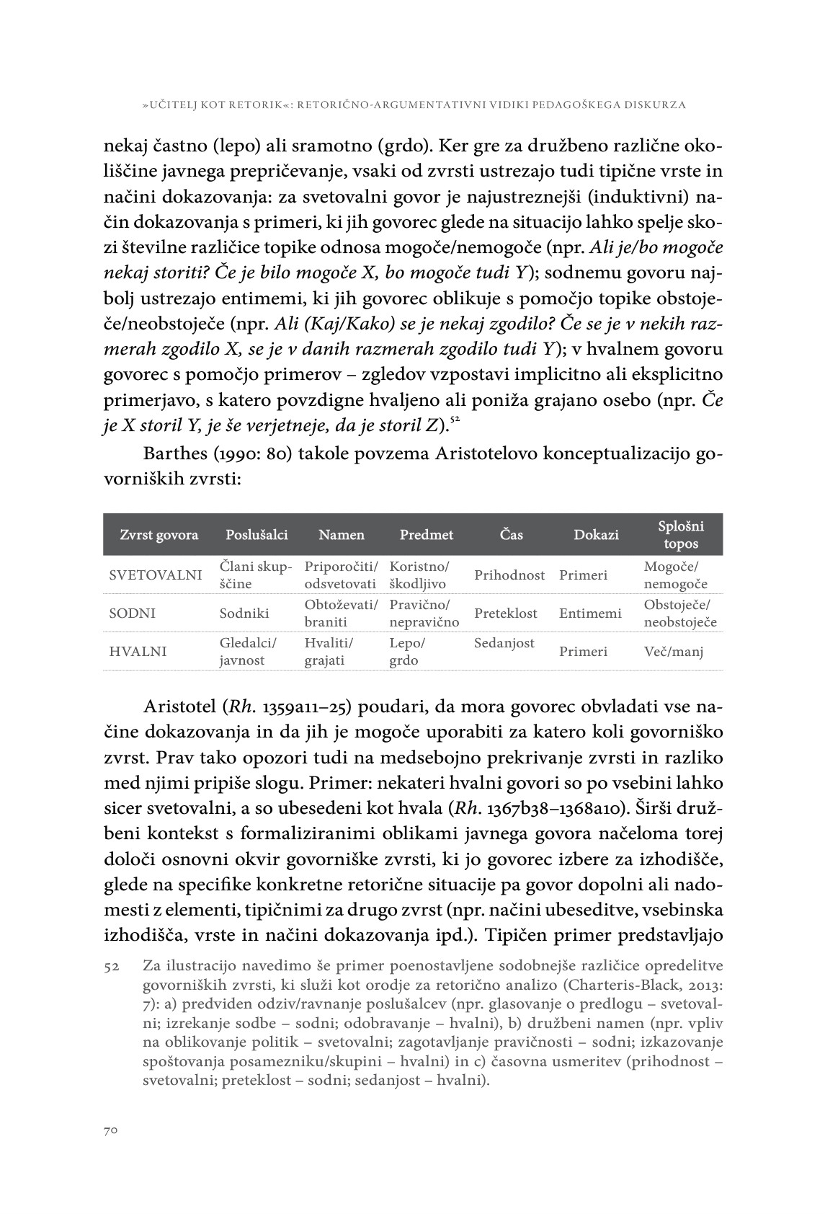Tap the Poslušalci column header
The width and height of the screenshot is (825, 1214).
point(257,535)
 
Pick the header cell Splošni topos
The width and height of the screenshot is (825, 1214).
point(681,534)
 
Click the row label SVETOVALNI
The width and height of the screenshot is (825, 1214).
point(155,575)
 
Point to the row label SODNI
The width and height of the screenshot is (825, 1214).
point(133,613)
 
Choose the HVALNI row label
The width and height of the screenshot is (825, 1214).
point(138,652)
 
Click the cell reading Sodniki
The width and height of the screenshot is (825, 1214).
point(244,613)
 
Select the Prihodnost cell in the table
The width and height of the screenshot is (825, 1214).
point(509,575)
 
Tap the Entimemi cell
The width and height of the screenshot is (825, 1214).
point(589,613)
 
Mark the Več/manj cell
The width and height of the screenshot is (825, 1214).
point(674,652)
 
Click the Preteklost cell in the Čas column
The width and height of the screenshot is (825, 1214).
point(506,613)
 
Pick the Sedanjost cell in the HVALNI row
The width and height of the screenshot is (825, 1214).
point(504,643)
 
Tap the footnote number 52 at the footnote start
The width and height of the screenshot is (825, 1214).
point(112,966)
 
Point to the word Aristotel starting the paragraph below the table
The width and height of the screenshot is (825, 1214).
point(179,706)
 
